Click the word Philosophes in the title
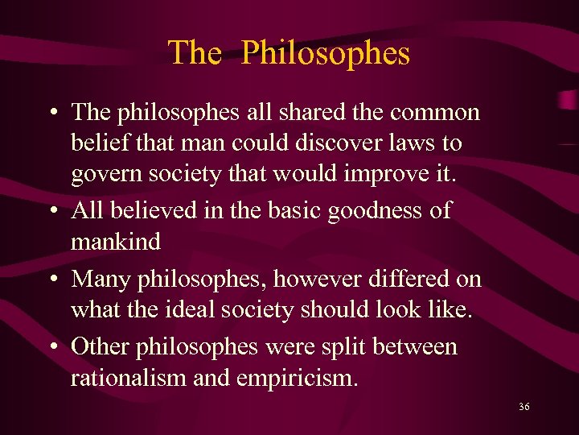[325, 54]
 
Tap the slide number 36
[524, 407]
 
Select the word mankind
[116, 242]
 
